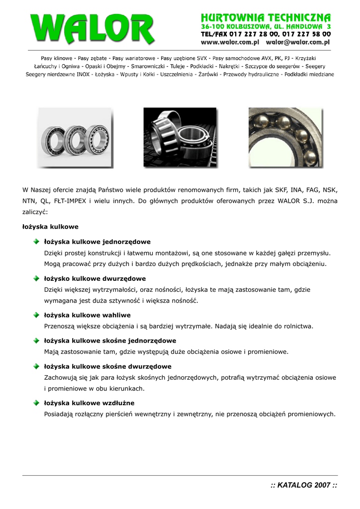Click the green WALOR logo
click(92, 29)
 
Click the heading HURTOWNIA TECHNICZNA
click(266, 17)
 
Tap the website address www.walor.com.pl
click(226, 43)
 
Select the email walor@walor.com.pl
click(294, 43)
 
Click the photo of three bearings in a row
click(75, 138)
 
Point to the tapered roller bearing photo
click(180, 138)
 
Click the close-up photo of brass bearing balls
click(285, 138)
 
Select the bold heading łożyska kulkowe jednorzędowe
click(97, 242)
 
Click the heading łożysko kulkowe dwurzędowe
click(95, 279)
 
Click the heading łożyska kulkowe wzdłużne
click(90, 403)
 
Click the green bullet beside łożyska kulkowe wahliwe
click(37, 315)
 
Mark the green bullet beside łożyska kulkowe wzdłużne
click(37, 403)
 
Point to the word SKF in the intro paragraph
click(276, 190)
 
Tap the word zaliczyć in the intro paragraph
click(35, 212)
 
